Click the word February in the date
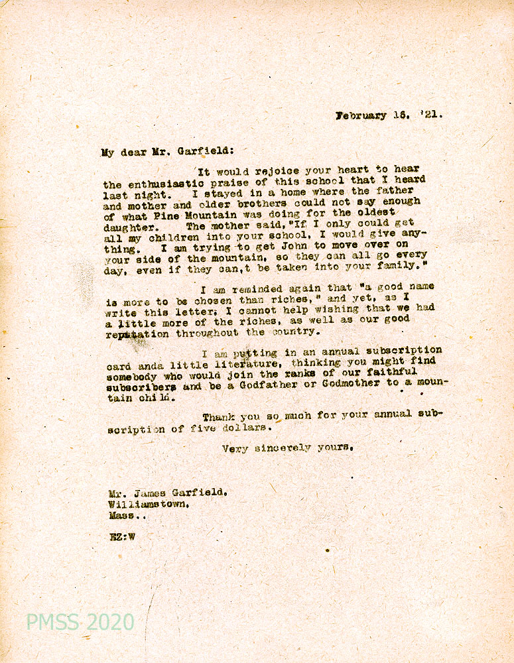(x=361, y=115)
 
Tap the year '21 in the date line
(x=430, y=114)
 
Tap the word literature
(x=255, y=364)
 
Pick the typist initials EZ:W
(x=122, y=537)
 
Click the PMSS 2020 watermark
(x=80, y=622)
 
